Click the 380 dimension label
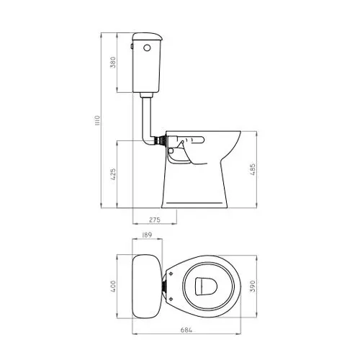coord(112,63)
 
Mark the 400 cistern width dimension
coord(113,287)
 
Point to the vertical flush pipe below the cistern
coord(148,115)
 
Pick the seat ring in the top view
coord(180,287)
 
